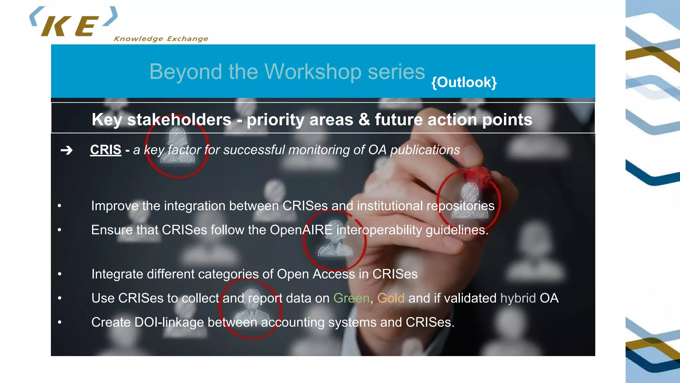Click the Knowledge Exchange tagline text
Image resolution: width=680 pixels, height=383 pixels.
(x=161, y=39)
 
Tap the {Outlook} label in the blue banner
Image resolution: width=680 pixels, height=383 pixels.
(x=464, y=82)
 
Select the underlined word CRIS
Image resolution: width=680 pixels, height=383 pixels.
(x=106, y=150)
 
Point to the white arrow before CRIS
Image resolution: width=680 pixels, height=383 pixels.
(x=66, y=150)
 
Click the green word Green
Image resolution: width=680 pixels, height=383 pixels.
(x=351, y=298)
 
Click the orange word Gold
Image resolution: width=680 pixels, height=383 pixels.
(x=390, y=298)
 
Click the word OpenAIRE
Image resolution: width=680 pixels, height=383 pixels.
(x=301, y=230)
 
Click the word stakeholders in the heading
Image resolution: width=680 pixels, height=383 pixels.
(x=179, y=120)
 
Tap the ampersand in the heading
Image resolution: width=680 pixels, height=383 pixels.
(x=364, y=120)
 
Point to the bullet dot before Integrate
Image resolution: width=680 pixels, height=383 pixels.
(x=59, y=274)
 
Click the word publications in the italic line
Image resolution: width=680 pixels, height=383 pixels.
(x=425, y=150)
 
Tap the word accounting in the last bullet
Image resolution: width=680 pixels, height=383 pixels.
(x=293, y=322)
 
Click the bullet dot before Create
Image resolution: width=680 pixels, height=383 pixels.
(x=59, y=322)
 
